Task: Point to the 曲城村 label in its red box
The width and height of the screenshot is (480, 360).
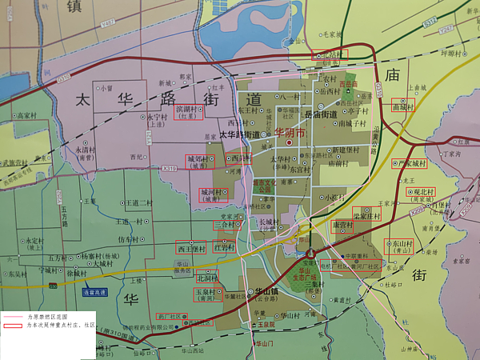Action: pos(402,106)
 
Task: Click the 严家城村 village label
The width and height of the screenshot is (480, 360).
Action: pos(408,163)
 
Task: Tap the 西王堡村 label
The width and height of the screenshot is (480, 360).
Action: pos(192,248)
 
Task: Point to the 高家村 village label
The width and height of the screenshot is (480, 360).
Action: pos(28,115)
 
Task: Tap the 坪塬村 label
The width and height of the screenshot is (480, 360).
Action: pos(453,54)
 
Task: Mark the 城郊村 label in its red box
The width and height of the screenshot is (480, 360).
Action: pos(197,158)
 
